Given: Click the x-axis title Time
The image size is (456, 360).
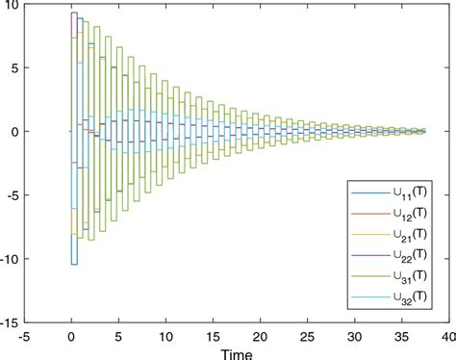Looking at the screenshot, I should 235,351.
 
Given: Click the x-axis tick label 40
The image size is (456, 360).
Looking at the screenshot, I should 445,336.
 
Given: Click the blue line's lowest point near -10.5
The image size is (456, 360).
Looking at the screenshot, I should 74,264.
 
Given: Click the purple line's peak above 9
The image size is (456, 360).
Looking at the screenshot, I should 74,13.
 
